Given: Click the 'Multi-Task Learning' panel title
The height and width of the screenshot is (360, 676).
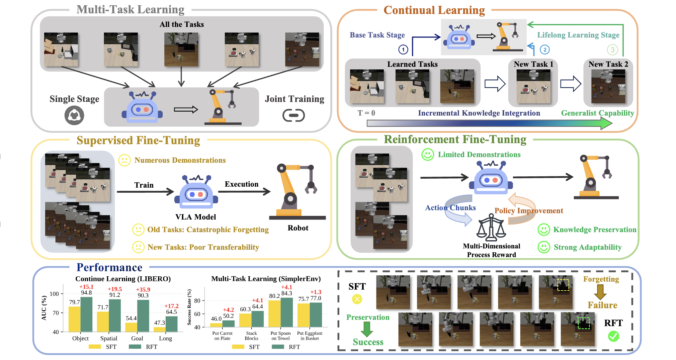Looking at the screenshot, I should (x=130, y=10).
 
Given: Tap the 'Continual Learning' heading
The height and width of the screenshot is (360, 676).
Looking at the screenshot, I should (x=434, y=10).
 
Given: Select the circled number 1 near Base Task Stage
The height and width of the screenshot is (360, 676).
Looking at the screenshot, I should (x=403, y=50).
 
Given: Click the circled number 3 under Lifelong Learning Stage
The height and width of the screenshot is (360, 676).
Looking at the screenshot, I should (x=612, y=50).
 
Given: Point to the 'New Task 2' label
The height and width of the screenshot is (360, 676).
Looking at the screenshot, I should (x=608, y=64).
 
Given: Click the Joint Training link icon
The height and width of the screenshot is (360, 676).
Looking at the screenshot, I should (x=294, y=116).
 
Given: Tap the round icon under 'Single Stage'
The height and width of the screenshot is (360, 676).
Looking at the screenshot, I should (x=74, y=116).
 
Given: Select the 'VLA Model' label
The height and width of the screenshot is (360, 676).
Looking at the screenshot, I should (x=196, y=217).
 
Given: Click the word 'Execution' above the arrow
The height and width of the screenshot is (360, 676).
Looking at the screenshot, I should (x=241, y=184).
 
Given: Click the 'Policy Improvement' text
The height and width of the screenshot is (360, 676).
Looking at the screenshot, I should (x=529, y=211).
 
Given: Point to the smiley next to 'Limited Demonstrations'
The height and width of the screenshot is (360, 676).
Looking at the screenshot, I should (x=428, y=154).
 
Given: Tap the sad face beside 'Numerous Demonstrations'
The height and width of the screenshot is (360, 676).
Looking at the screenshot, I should (x=125, y=160).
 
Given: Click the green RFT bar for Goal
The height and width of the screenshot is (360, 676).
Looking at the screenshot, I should (x=143, y=315).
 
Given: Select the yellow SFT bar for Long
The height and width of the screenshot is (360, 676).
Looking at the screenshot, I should (x=160, y=329).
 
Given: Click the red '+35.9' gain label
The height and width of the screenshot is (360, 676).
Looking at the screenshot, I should (x=143, y=290).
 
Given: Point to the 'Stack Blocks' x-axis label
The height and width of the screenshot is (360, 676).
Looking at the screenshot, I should (x=251, y=336).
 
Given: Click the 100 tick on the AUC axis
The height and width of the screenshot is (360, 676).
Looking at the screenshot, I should (x=54, y=294).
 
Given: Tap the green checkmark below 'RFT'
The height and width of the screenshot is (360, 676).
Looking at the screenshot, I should (x=613, y=336).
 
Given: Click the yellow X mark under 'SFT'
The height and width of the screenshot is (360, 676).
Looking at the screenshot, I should (x=357, y=299).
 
